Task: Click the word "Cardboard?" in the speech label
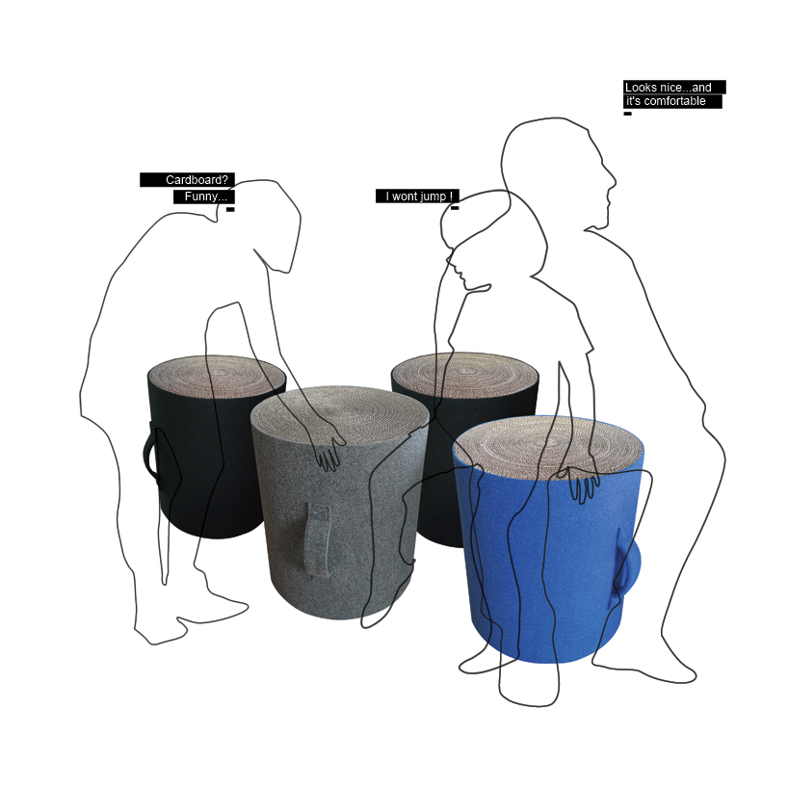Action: (x=198, y=180)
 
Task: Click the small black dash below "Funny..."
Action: (x=230, y=209)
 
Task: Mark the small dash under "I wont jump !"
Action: (x=455, y=208)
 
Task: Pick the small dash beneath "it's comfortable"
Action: (x=627, y=114)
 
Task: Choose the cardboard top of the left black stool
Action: (x=217, y=372)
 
